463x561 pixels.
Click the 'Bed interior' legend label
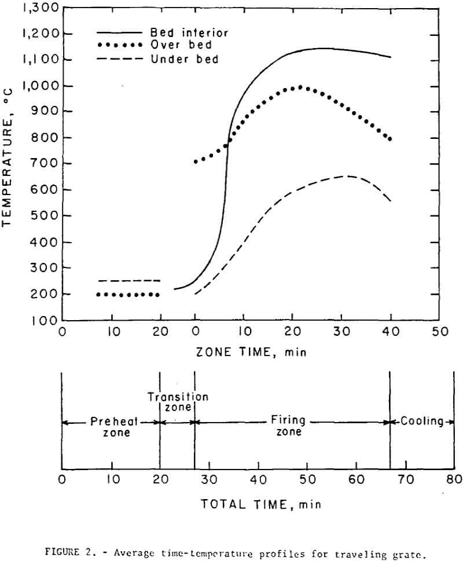(180, 33)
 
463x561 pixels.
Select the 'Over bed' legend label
(172, 46)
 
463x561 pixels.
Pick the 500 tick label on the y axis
(43, 216)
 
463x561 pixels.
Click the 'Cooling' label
(421, 421)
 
